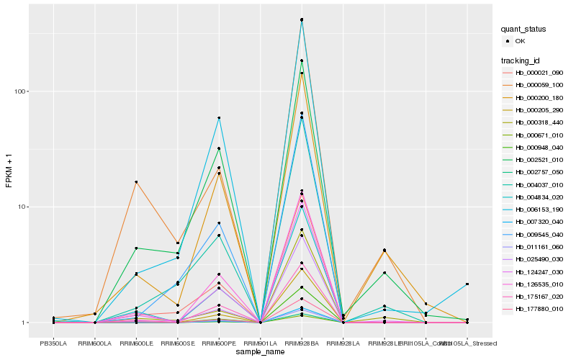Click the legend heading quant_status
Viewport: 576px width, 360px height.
524,29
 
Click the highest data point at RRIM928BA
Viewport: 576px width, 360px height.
302,19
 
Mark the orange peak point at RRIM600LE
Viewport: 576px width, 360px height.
136,182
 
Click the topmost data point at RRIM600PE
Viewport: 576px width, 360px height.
219,118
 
